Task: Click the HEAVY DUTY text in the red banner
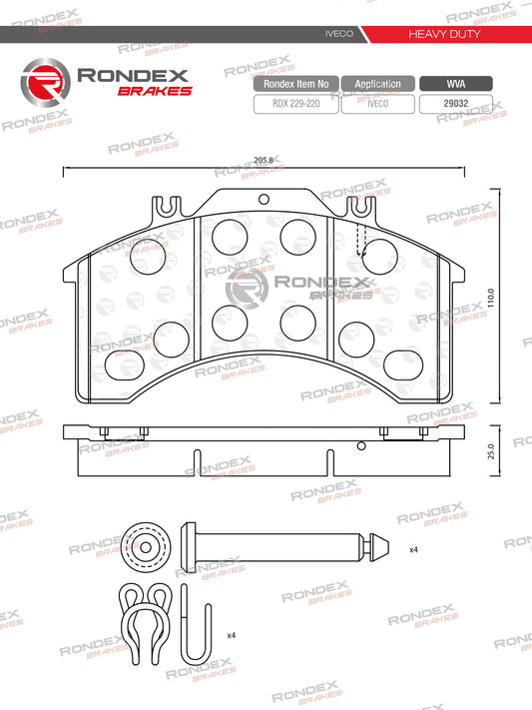point(444,34)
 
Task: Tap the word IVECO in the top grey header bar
point(334,34)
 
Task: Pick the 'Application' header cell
point(378,85)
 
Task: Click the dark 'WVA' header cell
point(454,85)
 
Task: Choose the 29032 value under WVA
point(454,102)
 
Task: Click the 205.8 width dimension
point(264,160)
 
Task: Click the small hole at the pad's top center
point(264,198)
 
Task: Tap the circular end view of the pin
point(148,545)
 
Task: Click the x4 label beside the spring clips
point(231,635)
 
